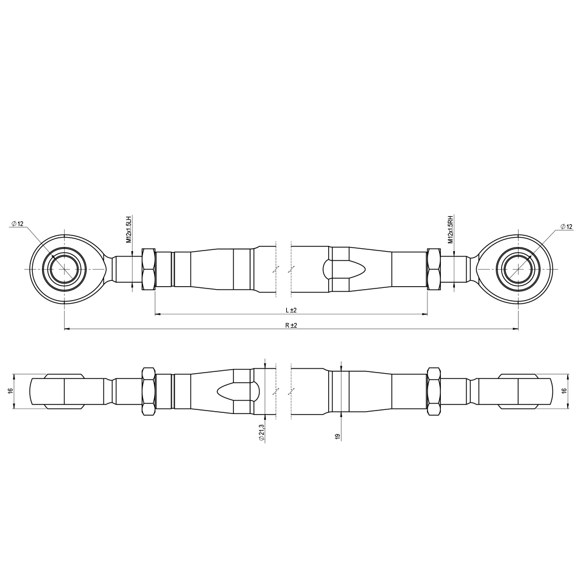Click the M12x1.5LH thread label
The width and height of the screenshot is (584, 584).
coord(129,229)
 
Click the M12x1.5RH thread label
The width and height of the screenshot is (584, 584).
coord(450,229)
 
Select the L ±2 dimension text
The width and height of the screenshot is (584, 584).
coord(291,310)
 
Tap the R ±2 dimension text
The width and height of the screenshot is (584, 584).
coord(291,325)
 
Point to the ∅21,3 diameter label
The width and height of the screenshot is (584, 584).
coord(262,433)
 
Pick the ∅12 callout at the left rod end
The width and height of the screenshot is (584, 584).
coord(18,224)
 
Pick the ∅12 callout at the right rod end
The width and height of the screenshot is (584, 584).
coord(566,227)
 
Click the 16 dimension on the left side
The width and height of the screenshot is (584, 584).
coord(11,390)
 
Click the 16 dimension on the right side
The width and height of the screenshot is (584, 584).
coord(564,390)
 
